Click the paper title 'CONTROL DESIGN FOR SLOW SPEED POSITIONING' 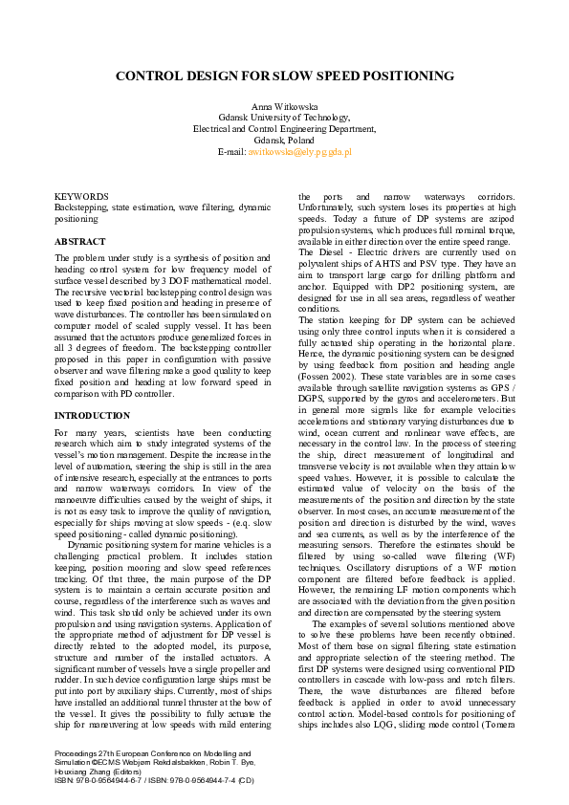point(284,76)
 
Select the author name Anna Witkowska point(284,105)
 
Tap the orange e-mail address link point(299,151)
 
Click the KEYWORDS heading point(75,196)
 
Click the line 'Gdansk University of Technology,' point(284,117)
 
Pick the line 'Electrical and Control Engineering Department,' point(284,128)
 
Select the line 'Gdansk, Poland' point(284,140)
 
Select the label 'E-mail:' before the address point(231,151)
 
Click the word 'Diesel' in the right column point(341,253)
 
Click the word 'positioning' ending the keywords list point(77,219)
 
